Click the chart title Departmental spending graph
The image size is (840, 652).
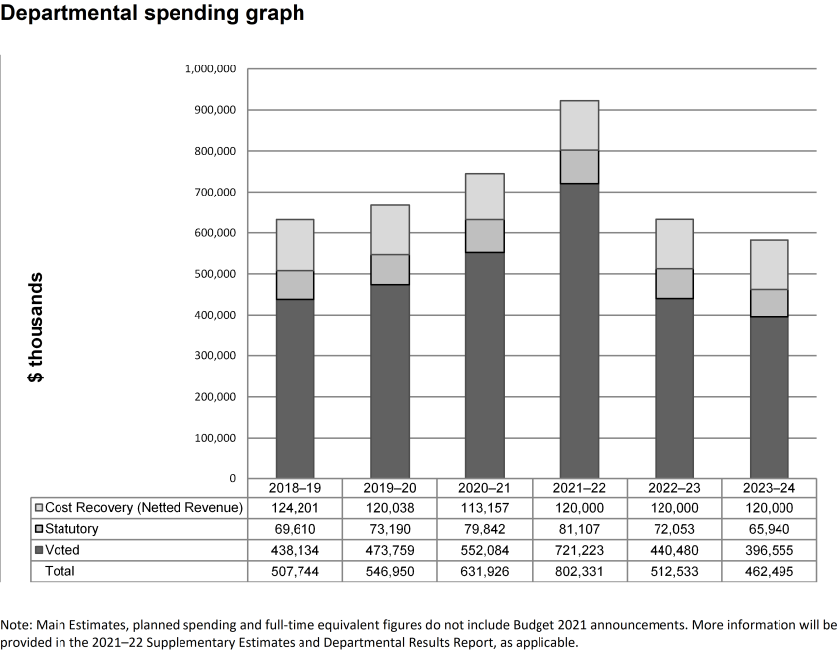tap(153, 14)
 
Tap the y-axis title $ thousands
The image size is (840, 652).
tap(35, 326)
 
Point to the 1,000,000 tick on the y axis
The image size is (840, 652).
tap(210, 69)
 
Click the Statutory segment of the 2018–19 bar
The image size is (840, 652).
tap(295, 285)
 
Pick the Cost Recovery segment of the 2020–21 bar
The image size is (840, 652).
tap(484, 196)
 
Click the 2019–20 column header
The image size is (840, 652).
tap(390, 488)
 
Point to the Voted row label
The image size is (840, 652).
tap(62, 550)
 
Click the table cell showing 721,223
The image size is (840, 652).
tap(579, 550)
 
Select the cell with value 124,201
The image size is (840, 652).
tap(295, 509)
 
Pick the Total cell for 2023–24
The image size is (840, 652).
tap(769, 571)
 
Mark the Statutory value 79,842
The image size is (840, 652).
tap(484, 529)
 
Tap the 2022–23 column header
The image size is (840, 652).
tap(673, 488)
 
